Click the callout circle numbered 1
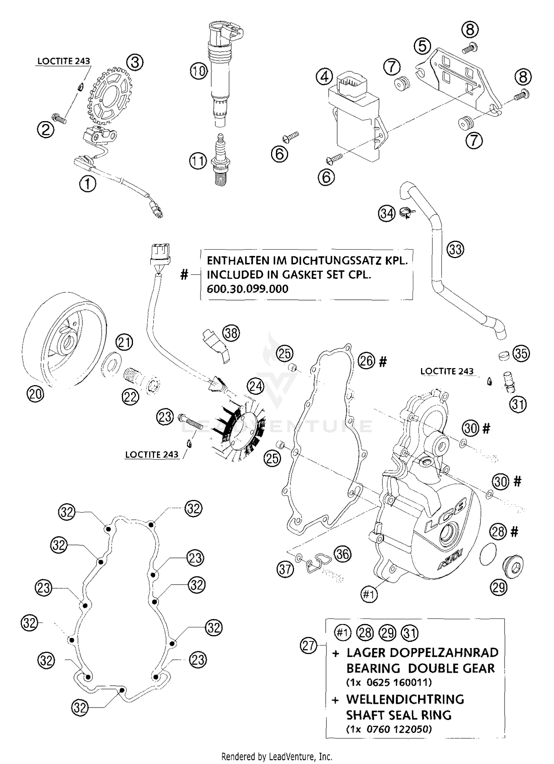(88, 184)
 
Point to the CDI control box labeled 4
(355, 118)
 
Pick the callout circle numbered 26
(366, 360)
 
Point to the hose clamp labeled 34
(406, 213)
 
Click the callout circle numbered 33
(455, 249)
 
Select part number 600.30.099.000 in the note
(247, 289)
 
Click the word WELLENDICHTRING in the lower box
(405, 699)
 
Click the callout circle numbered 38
(231, 333)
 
